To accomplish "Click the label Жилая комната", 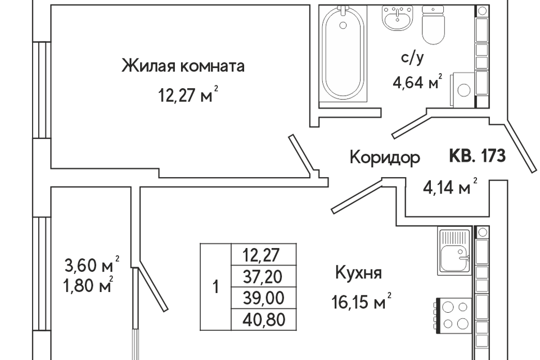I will (x=183, y=67).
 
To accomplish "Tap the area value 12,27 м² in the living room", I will (x=188, y=95).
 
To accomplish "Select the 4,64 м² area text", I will (x=417, y=83).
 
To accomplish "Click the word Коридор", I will (x=385, y=157).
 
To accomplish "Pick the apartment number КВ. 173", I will (x=477, y=155).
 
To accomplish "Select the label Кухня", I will (x=358, y=274).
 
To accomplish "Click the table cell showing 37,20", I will (x=263, y=276).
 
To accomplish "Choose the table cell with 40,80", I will (x=263, y=319).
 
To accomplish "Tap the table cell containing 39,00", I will (x=263, y=298).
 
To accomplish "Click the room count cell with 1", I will (x=215, y=287).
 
